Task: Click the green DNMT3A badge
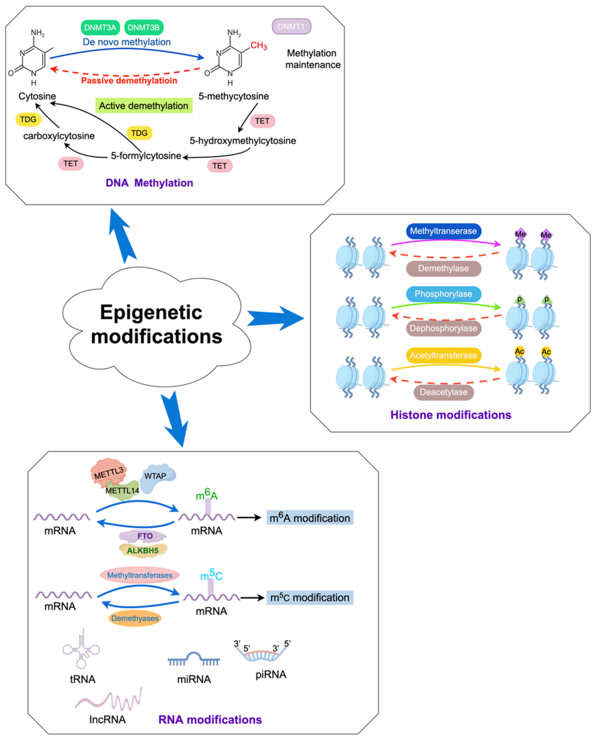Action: pos(100,27)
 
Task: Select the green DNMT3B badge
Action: pos(143,27)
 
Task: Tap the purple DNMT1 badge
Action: pos(291,27)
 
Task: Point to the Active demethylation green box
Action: pos(143,106)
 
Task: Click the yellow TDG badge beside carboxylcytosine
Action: pos(28,119)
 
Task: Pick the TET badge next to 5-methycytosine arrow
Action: pos(262,121)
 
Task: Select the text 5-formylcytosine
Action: pos(146,156)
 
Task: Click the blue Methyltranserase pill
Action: pos(443,231)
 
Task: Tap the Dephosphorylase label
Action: pos(443,328)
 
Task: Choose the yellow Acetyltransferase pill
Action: pos(443,355)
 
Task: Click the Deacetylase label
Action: pos(443,392)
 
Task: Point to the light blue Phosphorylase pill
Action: pos(443,294)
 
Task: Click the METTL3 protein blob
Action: pos(108,472)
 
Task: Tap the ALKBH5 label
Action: pos(143,550)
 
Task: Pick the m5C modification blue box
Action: pos(310,598)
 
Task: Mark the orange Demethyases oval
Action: pos(135,618)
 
